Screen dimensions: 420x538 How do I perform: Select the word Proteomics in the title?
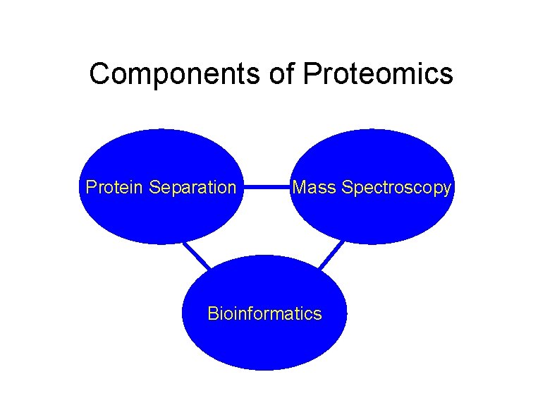(378, 73)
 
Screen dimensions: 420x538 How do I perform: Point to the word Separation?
(193, 188)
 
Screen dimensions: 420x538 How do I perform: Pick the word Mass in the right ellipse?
(314, 188)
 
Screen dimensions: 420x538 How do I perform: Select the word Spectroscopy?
(396, 188)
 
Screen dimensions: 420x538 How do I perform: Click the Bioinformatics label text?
(264, 313)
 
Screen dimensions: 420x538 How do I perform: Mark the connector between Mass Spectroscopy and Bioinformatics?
(331, 255)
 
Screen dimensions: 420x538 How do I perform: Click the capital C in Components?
(99, 73)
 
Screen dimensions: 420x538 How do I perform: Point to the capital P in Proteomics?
(311, 73)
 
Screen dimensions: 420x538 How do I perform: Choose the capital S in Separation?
(155, 188)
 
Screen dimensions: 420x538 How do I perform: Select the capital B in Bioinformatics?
(212, 313)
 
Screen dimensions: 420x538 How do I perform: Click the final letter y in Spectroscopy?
(446, 189)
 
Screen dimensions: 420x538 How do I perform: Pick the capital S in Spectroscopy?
(346, 188)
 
